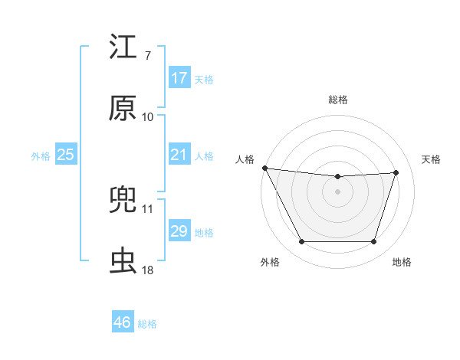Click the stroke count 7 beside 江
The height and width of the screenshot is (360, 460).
147,55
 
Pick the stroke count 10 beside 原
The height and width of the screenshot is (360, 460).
147,116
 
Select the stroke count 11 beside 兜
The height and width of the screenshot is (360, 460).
147,208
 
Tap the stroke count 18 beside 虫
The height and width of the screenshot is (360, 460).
147,270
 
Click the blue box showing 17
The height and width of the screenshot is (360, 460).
179,78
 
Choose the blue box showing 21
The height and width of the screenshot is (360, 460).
179,155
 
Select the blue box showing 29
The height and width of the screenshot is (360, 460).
179,231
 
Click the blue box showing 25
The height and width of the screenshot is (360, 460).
66,155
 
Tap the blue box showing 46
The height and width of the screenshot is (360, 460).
123,322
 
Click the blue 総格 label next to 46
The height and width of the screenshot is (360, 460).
147,324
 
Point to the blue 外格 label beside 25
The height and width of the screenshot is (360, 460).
41,156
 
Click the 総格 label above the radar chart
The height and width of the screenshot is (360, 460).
338,100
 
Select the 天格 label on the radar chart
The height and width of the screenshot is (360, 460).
431,159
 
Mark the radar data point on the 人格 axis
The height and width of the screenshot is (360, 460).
264,168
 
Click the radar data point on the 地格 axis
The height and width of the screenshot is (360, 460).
374,242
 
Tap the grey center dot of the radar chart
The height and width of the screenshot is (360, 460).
338,191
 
